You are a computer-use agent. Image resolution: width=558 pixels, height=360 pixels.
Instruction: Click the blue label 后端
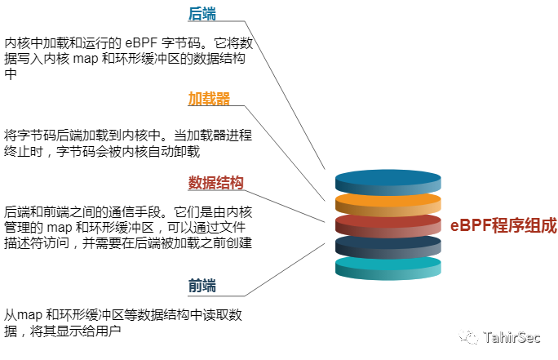point(202,14)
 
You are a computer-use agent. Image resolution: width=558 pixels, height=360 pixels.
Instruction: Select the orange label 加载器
point(209,99)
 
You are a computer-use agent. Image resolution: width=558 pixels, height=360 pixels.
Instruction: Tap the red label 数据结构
point(216,183)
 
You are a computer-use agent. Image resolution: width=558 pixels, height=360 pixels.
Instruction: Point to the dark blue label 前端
point(202,287)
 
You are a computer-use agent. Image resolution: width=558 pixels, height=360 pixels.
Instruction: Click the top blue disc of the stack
point(387,179)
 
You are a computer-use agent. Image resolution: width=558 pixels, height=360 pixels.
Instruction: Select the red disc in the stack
point(387,223)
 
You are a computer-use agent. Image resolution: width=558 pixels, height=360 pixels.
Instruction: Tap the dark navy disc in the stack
point(387,244)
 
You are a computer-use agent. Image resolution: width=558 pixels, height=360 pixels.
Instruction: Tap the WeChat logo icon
point(468,336)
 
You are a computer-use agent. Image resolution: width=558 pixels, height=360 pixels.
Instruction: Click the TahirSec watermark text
point(511,336)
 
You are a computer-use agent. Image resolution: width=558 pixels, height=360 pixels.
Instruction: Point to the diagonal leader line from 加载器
point(286,153)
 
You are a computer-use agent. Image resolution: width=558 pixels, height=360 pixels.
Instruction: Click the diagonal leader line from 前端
point(286,269)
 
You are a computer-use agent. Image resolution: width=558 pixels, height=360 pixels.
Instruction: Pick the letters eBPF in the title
point(470,225)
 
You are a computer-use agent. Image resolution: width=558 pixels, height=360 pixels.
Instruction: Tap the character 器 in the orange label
point(223,99)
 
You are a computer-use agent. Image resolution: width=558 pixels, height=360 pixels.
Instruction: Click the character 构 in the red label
point(237,183)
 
